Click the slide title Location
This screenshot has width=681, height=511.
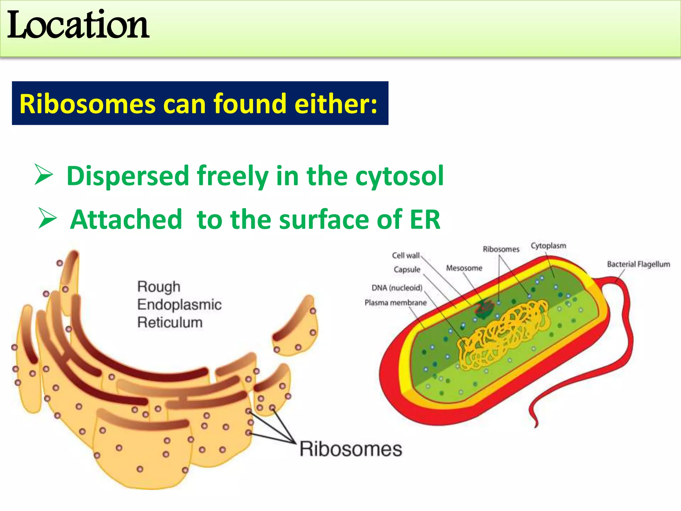[x=78, y=25]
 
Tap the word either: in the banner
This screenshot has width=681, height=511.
[x=336, y=104]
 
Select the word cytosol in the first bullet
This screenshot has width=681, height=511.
[x=399, y=176]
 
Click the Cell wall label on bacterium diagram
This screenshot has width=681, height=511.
[x=406, y=255]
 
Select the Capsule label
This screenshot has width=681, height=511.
[x=407, y=269]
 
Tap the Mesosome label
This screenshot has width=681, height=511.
[x=464, y=268]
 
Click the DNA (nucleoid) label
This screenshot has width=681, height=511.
[x=397, y=288]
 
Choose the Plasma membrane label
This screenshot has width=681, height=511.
[x=395, y=303]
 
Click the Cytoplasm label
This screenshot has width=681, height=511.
[x=548, y=246]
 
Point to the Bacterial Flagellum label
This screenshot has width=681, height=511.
[x=638, y=264]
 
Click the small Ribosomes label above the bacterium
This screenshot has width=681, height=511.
[x=501, y=249]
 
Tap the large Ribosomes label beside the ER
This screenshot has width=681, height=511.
[x=350, y=449]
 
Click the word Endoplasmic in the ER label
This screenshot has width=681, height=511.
[x=179, y=305]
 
